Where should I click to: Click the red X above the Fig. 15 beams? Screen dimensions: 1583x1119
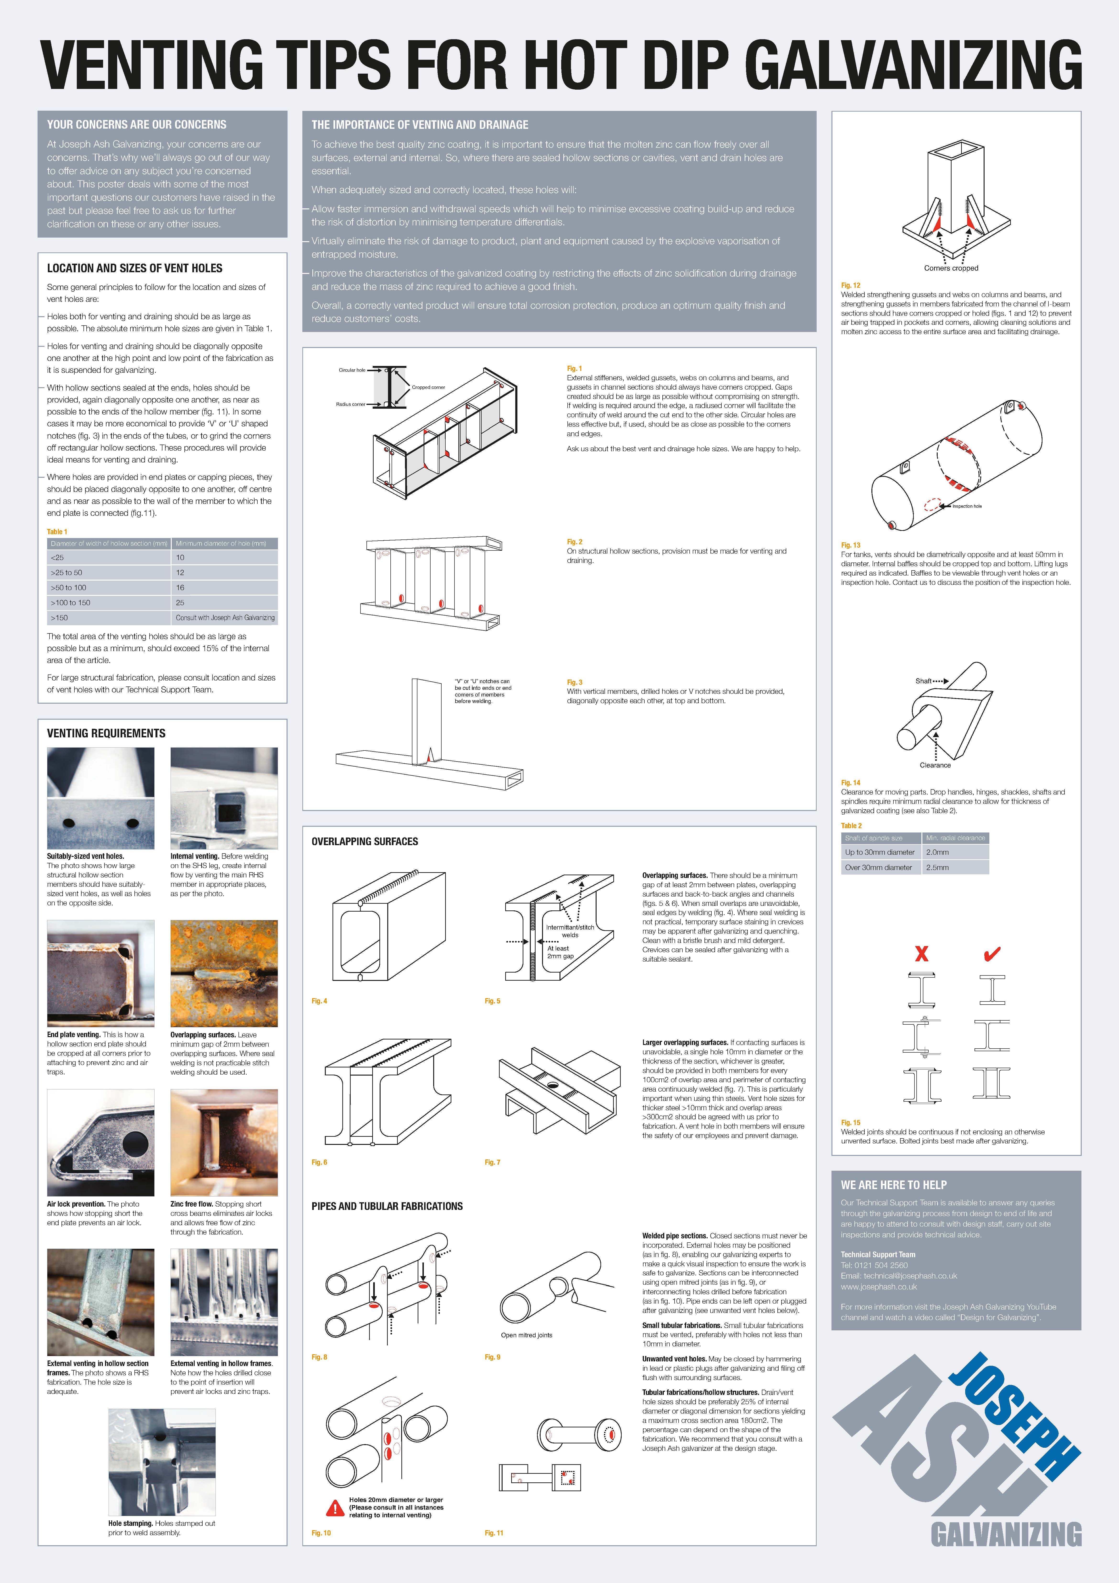point(921,954)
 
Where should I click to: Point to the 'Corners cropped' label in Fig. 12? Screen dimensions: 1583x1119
point(951,268)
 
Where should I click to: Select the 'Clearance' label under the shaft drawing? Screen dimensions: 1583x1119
point(935,765)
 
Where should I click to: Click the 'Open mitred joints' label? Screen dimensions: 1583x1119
point(526,1335)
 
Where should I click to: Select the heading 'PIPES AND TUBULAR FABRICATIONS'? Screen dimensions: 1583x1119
point(387,1206)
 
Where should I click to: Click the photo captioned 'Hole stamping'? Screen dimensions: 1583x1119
point(162,1462)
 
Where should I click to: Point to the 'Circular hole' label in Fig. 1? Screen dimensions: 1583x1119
point(352,370)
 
